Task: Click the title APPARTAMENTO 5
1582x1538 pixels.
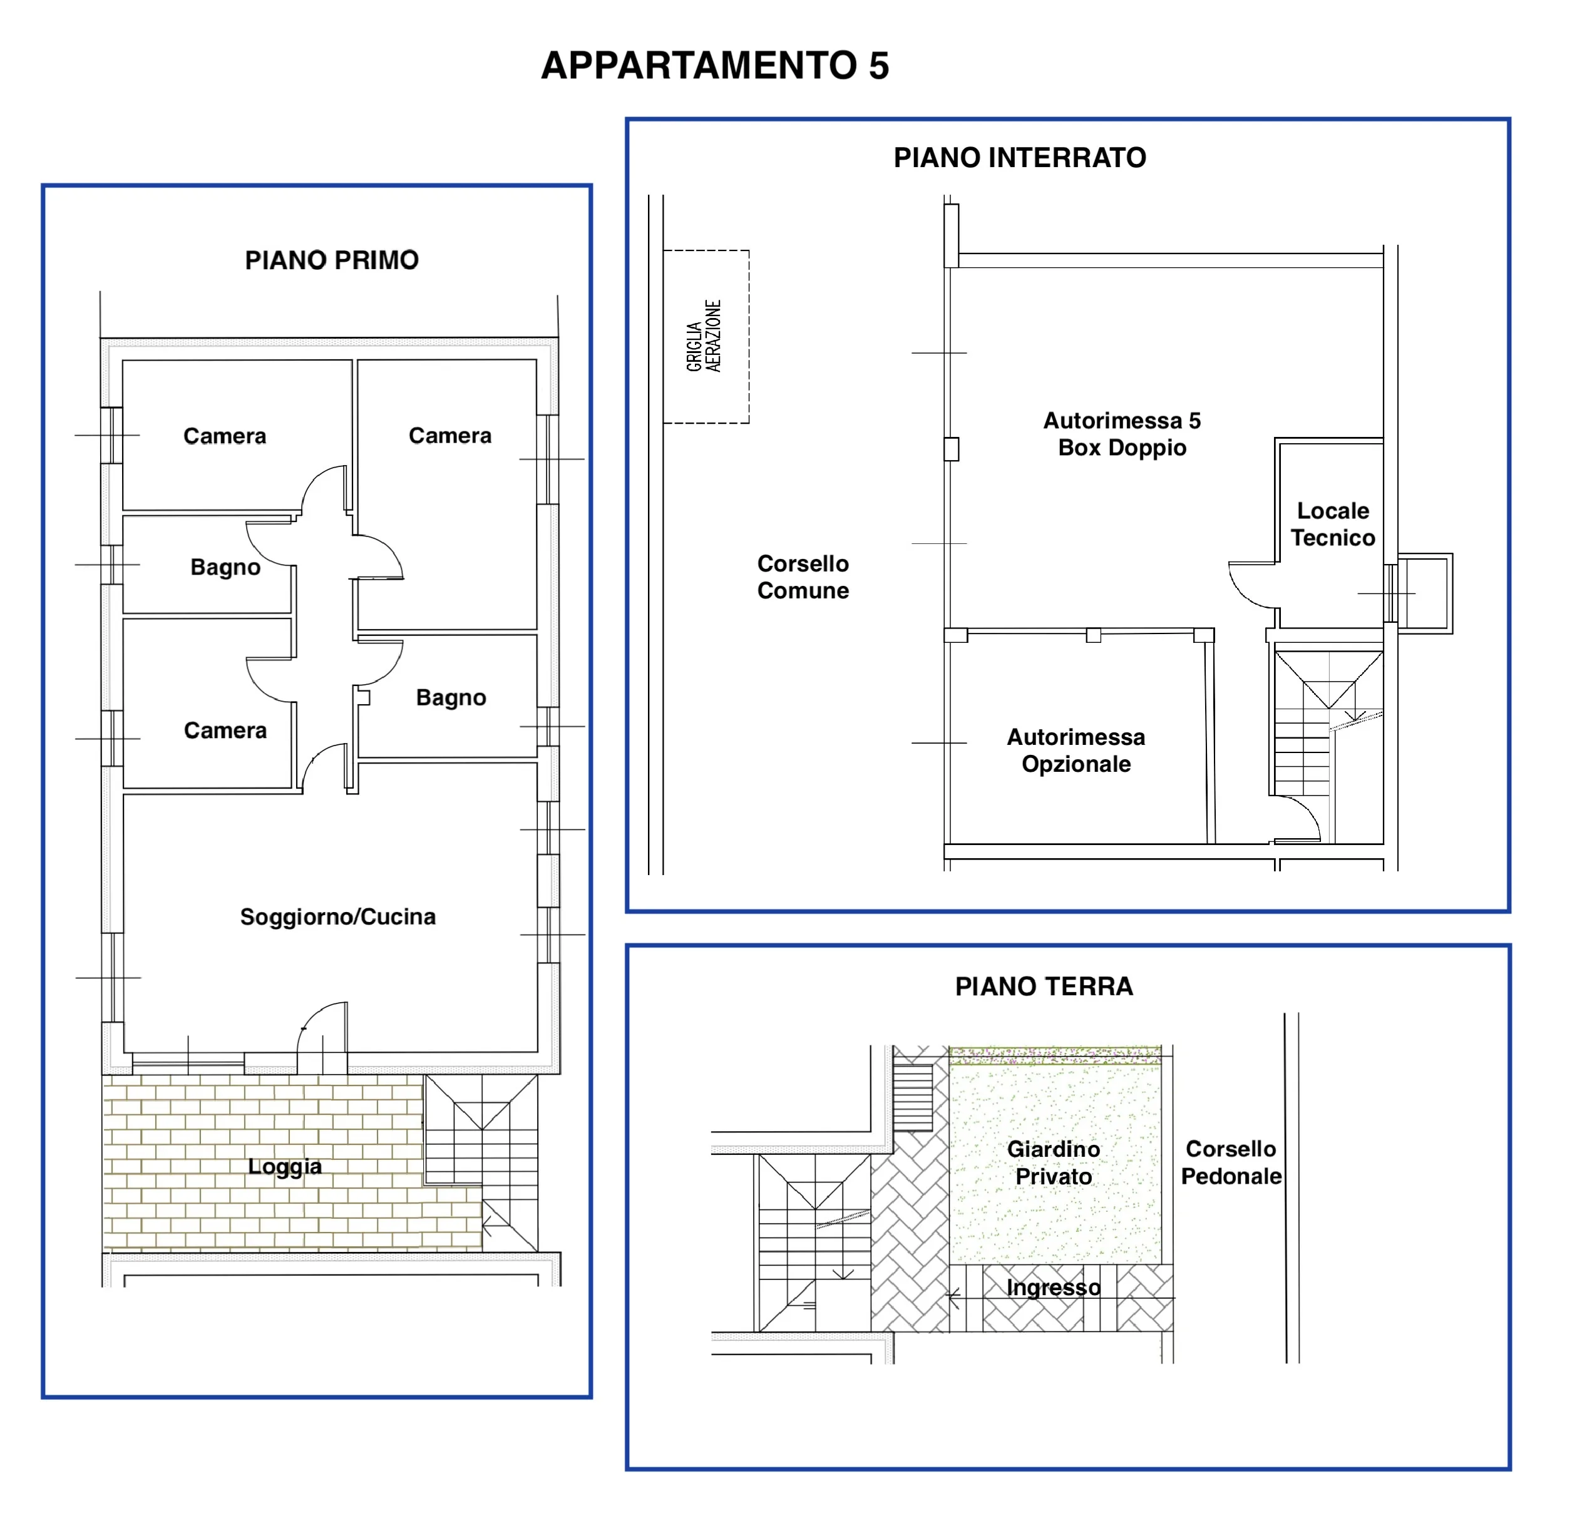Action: pos(715,66)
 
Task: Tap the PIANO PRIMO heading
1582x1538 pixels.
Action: pos(332,260)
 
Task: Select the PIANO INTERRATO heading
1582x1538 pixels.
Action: pos(1020,158)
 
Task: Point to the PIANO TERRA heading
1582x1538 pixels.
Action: pos(1044,987)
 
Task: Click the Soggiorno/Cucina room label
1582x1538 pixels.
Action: pos(337,917)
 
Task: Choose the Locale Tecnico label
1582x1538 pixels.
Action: pos(1332,524)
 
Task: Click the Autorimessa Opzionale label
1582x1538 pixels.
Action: pos(1076,751)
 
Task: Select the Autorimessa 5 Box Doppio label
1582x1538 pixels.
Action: pos(1122,434)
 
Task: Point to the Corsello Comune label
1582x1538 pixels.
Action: pos(803,577)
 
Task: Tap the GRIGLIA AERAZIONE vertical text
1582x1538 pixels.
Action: pos(703,336)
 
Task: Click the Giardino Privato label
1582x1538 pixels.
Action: pos(1054,1162)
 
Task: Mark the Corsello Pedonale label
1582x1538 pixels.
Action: pos(1231,1162)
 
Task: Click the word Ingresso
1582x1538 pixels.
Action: pos(1054,1288)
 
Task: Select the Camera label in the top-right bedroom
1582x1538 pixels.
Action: pos(450,436)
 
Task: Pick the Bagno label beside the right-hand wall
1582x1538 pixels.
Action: pos(451,698)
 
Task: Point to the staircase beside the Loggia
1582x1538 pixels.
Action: pos(481,1162)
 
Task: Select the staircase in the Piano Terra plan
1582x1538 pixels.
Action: pos(814,1243)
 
